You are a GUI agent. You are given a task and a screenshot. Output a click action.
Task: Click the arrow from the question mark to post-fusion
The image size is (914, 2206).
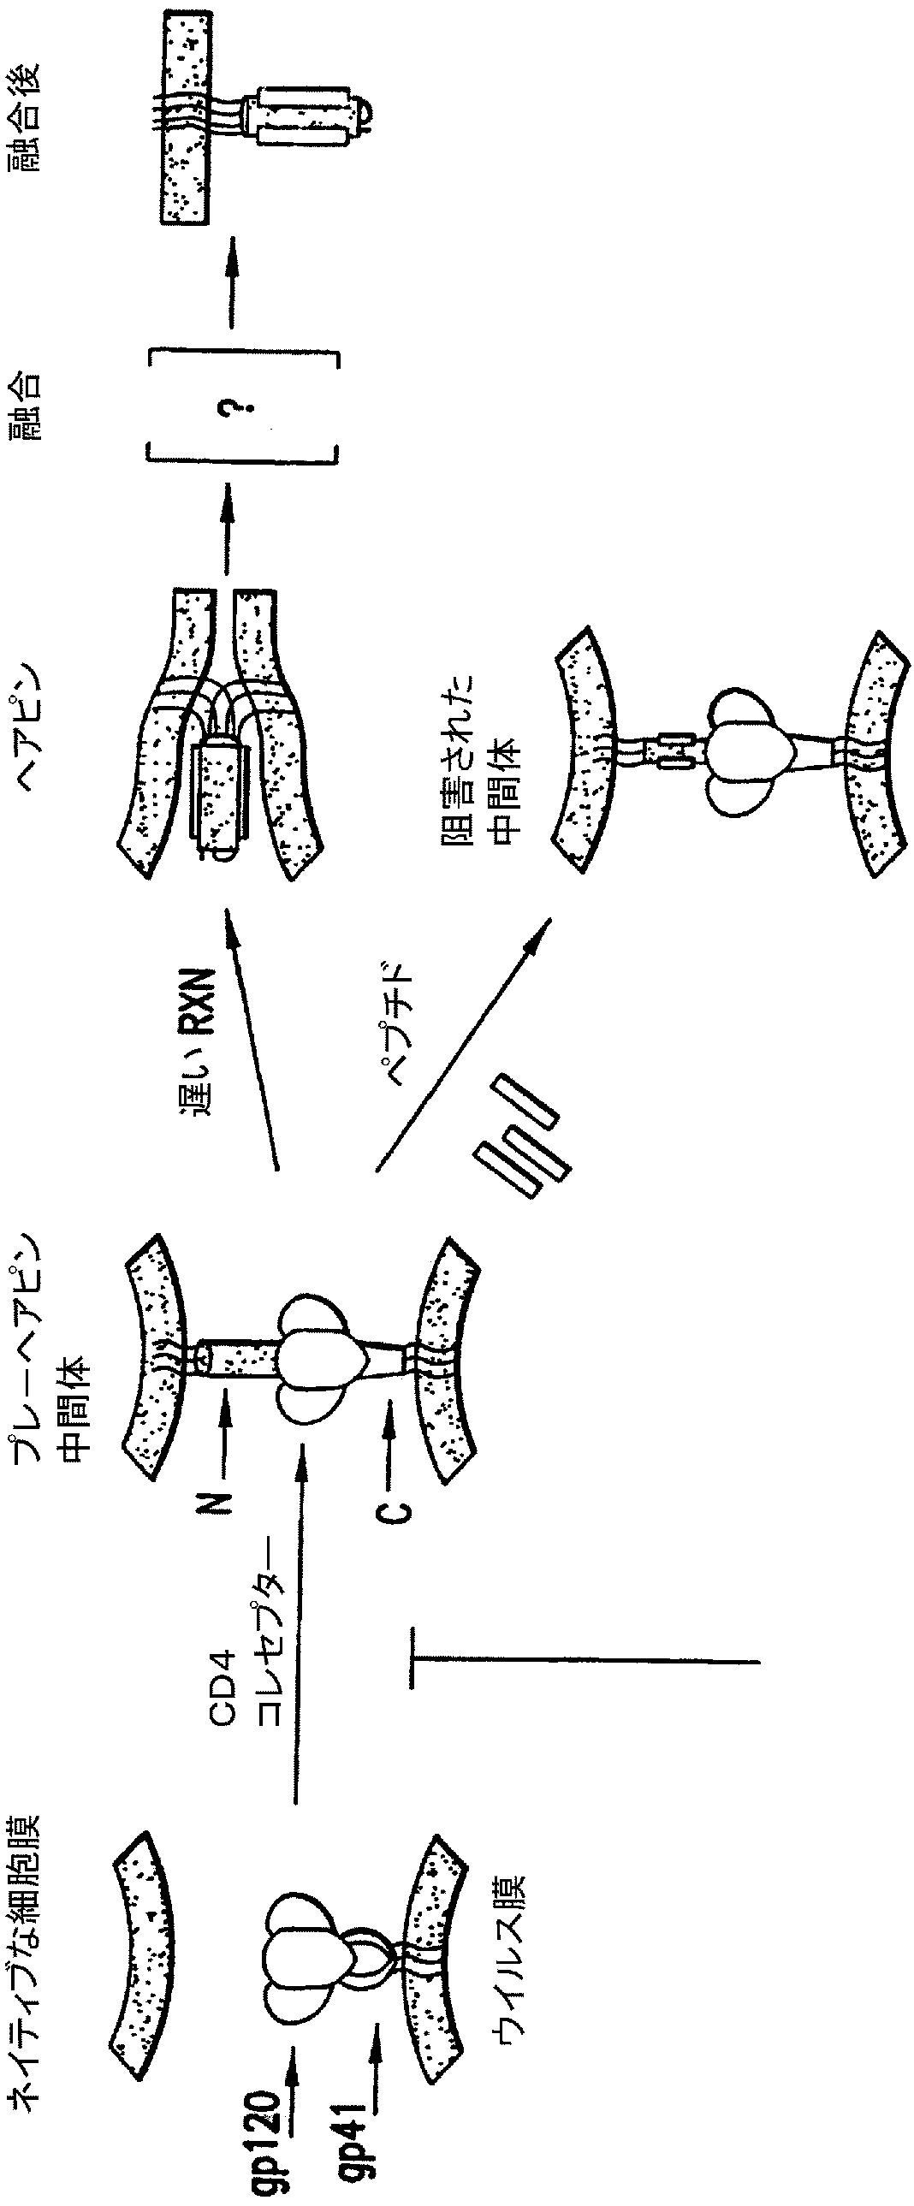tap(229, 282)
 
